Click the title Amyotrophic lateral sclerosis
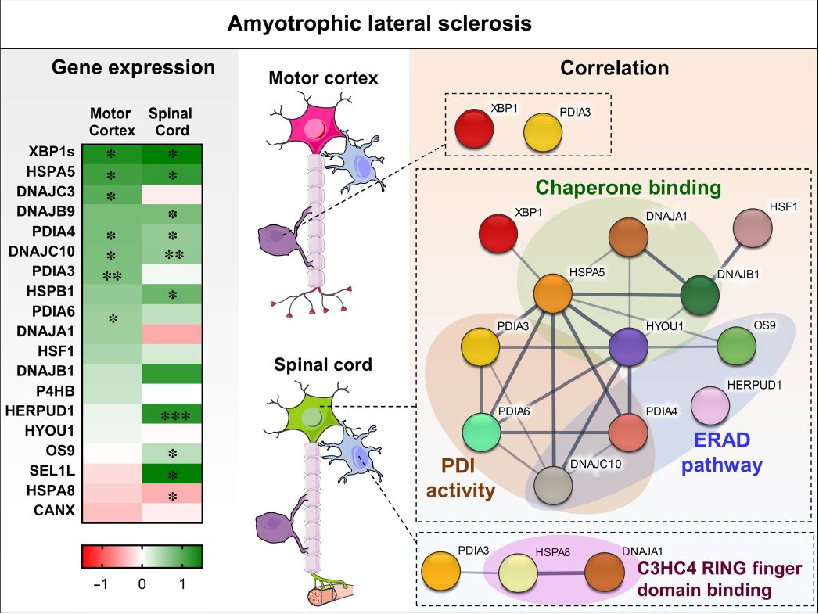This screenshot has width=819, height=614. click(x=379, y=23)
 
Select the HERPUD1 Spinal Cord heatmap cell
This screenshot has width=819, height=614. click(x=172, y=414)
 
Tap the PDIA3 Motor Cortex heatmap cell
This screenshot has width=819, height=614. click(x=112, y=274)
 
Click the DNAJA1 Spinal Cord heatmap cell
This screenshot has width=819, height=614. click(x=172, y=334)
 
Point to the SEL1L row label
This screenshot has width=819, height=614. click(x=52, y=471)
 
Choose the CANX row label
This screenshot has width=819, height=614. click(x=54, y=510)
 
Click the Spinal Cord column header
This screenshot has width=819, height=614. click(x=171, y=122)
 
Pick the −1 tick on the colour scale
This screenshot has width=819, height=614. click(x=100, y=583)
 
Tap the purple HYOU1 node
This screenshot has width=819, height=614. click(x=629, y=346)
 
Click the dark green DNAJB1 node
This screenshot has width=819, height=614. click(x=700, y=296)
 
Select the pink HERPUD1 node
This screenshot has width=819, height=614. click(x=710, y=406)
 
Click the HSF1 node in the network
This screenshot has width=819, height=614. click(x=753, y=228)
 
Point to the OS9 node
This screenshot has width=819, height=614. click(x=736, y=346)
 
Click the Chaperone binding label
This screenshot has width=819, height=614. click(x=628, y=188)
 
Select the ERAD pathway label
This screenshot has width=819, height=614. click(x=722, y=453)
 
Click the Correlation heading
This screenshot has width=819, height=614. click(x=614, y=68)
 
